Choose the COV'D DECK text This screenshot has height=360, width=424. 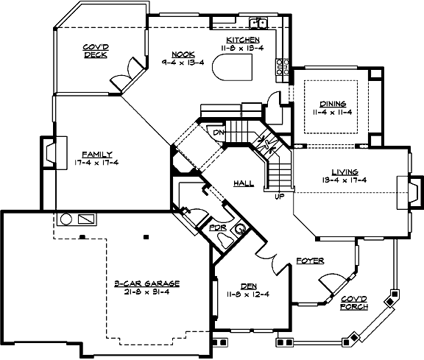click(96, 49)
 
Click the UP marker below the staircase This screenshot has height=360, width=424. click(279, 197)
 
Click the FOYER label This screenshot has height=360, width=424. click(308, 261)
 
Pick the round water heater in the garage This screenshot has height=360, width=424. click(66, 219)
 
